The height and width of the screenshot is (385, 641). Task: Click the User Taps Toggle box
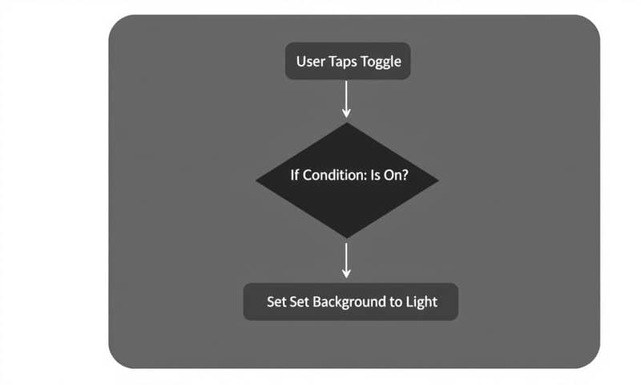pos(348,62)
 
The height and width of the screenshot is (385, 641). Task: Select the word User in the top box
pos(311,62)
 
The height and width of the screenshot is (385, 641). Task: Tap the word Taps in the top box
pos(346,62)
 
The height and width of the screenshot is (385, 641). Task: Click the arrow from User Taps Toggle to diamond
pos(347,98)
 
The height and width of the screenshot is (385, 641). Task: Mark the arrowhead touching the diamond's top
pos(347,115)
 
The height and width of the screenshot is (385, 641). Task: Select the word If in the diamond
pos(292,176)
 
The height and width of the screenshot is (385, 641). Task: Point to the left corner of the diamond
pos(258,180)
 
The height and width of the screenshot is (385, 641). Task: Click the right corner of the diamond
pos(437,180)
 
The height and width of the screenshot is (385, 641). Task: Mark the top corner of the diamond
pos(347,124)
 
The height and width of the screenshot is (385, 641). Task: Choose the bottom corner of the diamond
pos(347,237)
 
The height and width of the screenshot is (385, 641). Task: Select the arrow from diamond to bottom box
pos(347,258)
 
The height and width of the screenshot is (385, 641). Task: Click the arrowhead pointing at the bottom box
pos(347,274)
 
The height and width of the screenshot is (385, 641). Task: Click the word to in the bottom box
pos(395,302)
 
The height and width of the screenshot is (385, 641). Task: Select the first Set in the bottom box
pos(277,302)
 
